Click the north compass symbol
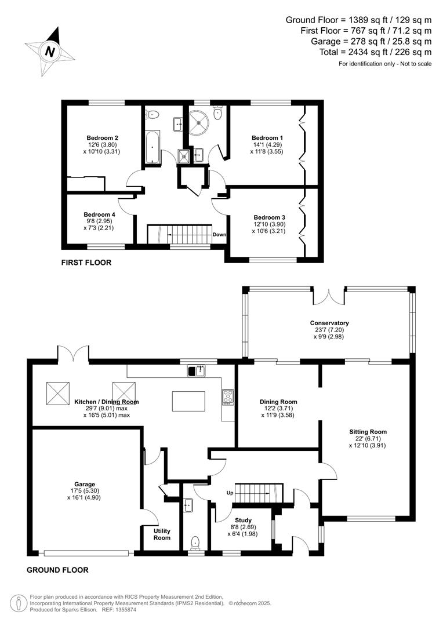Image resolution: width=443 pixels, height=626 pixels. pyautogui.click(x=50, y=51)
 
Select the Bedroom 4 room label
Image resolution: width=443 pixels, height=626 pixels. pyautogui.click(x=99, y=214)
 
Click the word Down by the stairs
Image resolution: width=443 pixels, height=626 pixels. pyautogui.click(x=219, y=235)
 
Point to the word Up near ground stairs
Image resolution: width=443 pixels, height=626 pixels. pyautogui.click(x=230, y=494)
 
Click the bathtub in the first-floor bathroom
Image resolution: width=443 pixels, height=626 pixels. pyautogui.click(x=152, y=147)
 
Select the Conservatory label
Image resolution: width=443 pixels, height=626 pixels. pyautogui.click(x=329, y=323)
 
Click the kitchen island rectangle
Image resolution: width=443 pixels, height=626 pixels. pyautogui.click(x=188, y=401)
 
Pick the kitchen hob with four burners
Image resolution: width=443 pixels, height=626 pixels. pyautogui.click(x=227, y=396)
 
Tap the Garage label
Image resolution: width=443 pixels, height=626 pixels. pyautogui.click(x=84, y=484)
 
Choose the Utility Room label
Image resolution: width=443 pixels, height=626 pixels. pyautogui.click(x=162, y=534)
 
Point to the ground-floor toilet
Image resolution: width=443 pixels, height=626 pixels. pyautogui.click(x=195, y=542)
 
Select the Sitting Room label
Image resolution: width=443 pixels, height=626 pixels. pyautogui.click(x=368, y=432)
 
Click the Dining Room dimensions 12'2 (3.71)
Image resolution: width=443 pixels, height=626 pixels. pyautogui.click(x=278, y=409)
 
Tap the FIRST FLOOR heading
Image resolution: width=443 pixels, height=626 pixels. pyautogui.click(x=86, y=263)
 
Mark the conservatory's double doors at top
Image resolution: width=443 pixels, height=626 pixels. pyautogui.click(x=329, y=296)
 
